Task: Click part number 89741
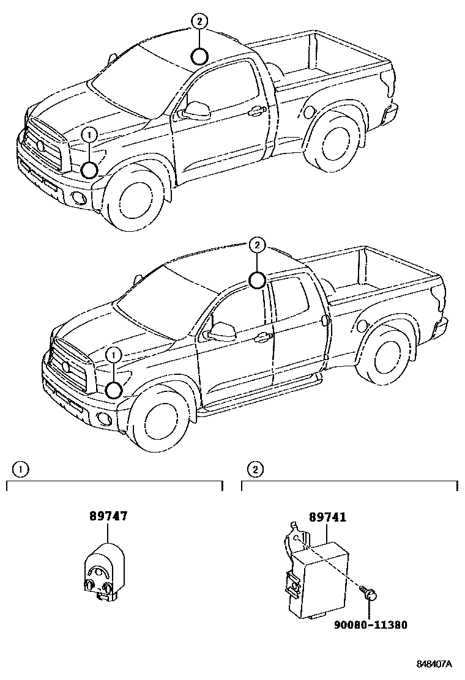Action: pyautogui.click(x=327, y=517)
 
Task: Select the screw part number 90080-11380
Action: pyautogui.click(x=370, y=625)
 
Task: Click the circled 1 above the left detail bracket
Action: pyautogui.click(x=21, y=469)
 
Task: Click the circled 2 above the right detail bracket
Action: pyautogui.click(x=256, y=469)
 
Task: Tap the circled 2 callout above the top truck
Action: pyautogui.click(x=198, y=20)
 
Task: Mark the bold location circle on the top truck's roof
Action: pyautogui.click(x=198, y=57)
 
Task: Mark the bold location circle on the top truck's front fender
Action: pyautogui.click(x=90, y=169)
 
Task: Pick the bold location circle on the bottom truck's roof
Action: pyautogui.click(x=258, y=281)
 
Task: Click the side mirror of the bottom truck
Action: pyautogui.click(x=222, y=331)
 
